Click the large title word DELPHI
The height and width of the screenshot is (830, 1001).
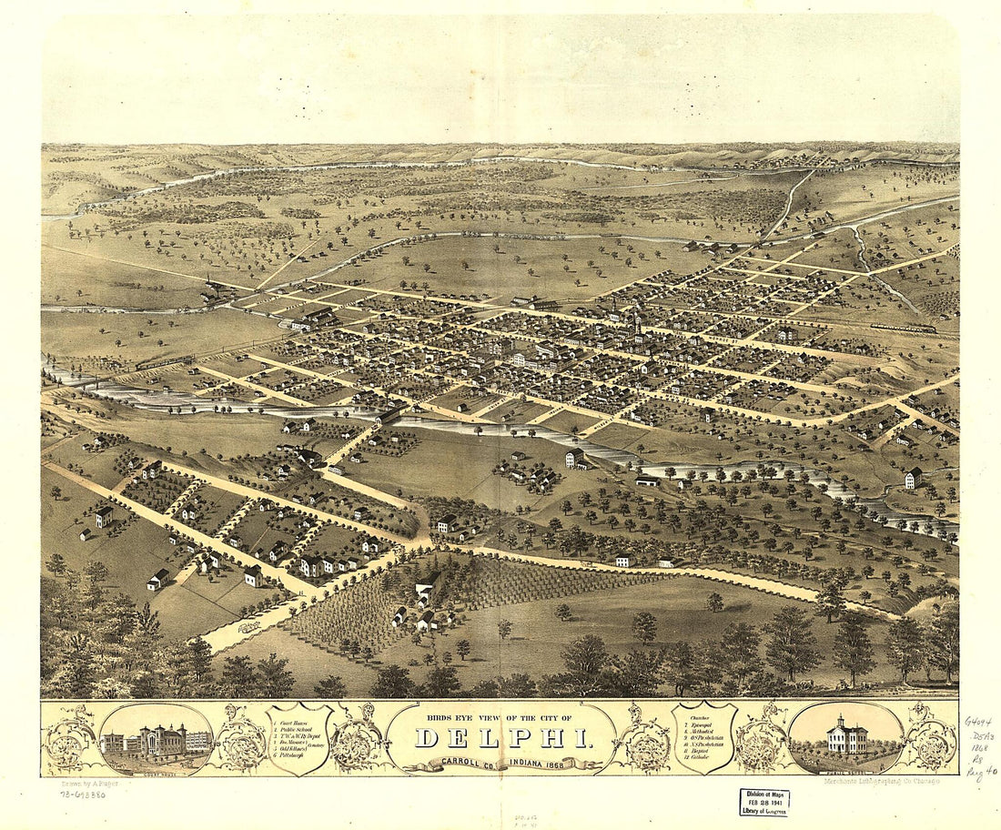coord(503,738)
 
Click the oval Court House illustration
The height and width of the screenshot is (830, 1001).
coord(157,738)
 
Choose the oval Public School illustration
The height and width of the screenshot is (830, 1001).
coord(845,738)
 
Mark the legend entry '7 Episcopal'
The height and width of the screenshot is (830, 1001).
coord(702,724)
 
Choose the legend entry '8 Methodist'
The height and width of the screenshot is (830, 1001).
coord(703,734)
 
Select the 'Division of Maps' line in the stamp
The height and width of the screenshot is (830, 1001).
coord(763,794)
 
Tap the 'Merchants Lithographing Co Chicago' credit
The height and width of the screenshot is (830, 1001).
coord(881,781)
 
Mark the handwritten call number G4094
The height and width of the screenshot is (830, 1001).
coord(978,722)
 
